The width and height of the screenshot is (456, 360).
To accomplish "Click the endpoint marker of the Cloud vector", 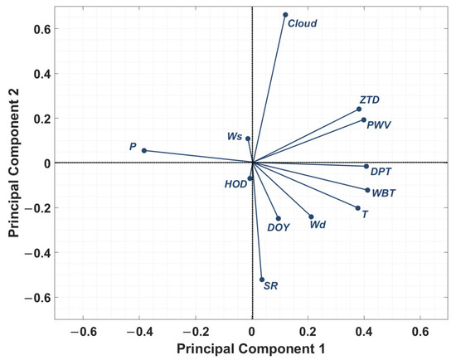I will [x=285, y=15].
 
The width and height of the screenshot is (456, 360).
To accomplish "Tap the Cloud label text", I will [x=302, y=24].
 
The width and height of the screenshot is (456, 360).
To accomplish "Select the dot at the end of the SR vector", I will [x=262, y=280].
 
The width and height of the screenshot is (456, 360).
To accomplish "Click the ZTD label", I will [x=369, y=100].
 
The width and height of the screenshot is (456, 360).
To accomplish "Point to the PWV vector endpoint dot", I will [x=363, y=119].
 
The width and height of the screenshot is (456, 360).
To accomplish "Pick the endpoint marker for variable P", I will [x=144, y=150].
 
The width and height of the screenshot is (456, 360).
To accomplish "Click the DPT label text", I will [x=381, y=173].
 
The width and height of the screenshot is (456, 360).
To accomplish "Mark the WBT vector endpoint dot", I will [x=367, y=190].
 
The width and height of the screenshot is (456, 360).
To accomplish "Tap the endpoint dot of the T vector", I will [x=357, y=208].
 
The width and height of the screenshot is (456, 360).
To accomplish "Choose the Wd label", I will [x=318, y=225].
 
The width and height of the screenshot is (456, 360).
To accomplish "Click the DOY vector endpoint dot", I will [x=278, y=218].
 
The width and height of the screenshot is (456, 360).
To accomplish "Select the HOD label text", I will [x=235, y=184].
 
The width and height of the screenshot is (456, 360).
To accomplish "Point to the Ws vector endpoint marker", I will [x=247, y=139].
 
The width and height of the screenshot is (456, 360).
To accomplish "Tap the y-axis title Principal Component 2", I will [x=14, y=163].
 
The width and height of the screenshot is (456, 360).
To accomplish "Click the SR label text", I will [x=270, y=286].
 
